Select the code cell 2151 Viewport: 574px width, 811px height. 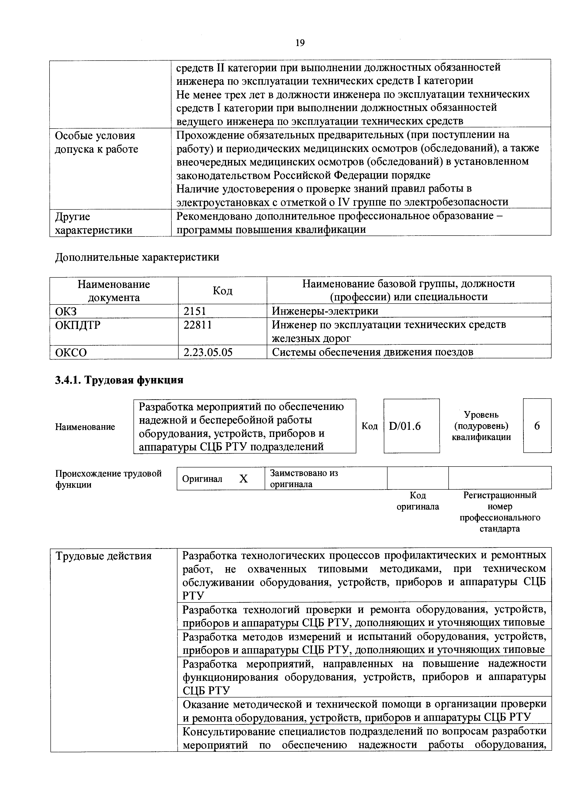pyautogui.click(x=195, y=311)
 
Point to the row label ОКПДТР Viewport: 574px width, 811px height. pyautogui.click(x=78, y=325)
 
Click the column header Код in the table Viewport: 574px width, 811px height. pyautogui.click(x=222, y=290)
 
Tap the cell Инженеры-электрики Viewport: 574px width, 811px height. pyautogui.click(x=325, y=311)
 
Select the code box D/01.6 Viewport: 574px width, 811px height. pyautogui.click(x=405, y=426)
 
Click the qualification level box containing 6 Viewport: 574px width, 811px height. pyautogui.click(x=537, y=426)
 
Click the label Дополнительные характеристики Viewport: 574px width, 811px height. pyautogui.click(x=137, y=257)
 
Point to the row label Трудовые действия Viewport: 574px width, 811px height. pyautogui.click(x=104, y=556)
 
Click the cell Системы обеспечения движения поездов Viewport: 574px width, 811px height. pyautogui.click(x=372, y=352)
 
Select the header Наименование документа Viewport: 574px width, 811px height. pyautogui.click(x=114, y=290)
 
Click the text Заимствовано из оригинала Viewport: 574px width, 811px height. pyautogui.click(x=304, y=478)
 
